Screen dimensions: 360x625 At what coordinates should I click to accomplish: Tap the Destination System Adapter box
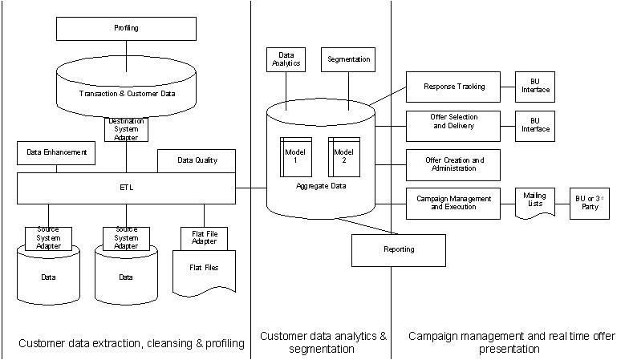126,128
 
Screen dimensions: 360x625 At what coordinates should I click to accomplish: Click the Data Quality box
197,160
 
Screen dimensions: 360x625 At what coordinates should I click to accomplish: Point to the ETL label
126,188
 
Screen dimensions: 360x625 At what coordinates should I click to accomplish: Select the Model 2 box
343,157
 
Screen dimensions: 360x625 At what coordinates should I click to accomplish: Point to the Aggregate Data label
320,186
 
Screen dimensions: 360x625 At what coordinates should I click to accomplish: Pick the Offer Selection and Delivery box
453,125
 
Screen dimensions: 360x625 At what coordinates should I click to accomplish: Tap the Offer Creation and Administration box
453,164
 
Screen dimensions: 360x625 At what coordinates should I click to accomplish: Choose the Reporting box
398,249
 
